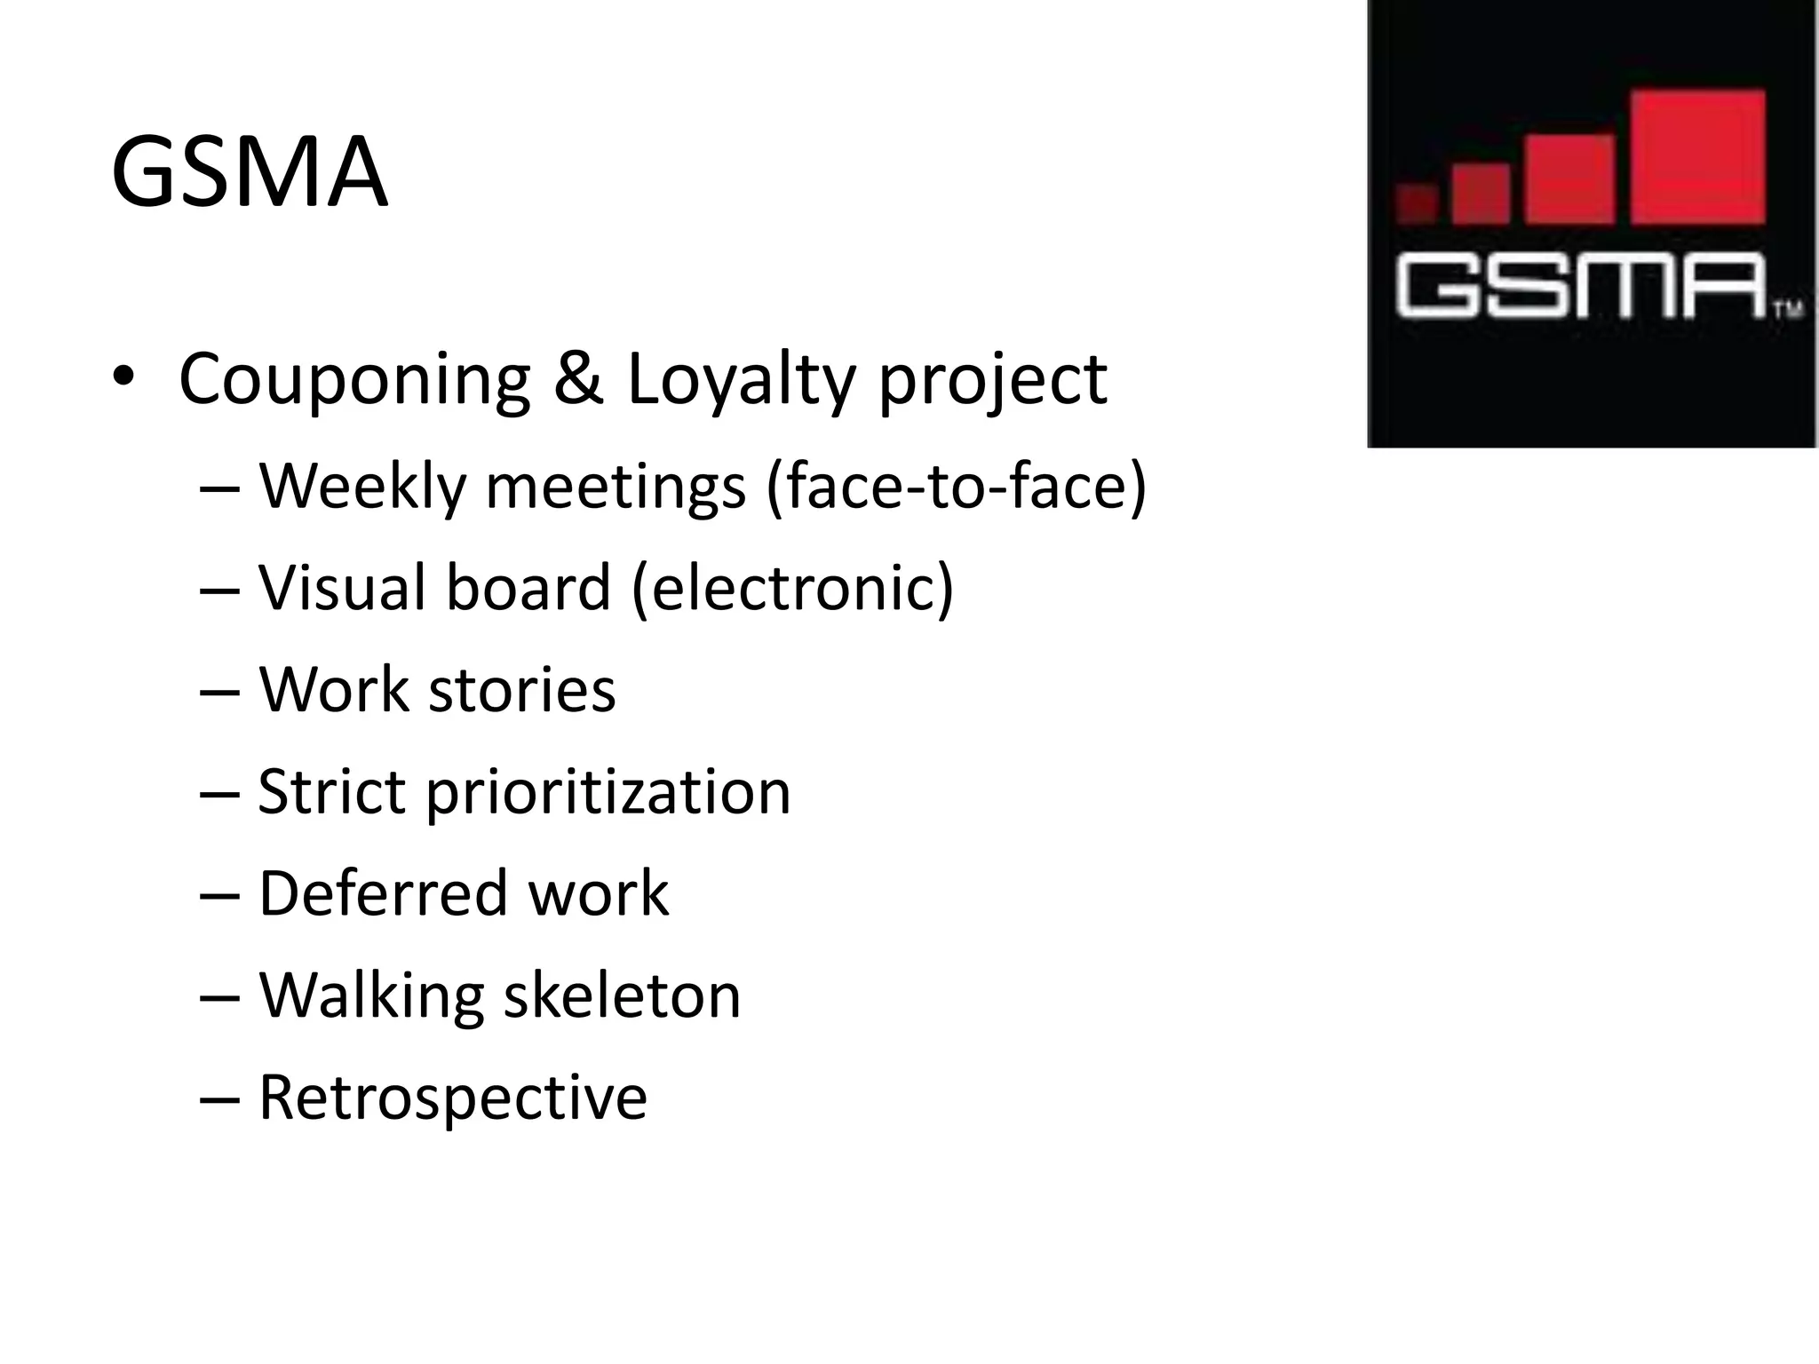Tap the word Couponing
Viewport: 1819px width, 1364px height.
(354, 379)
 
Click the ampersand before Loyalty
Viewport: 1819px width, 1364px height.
(577, 379)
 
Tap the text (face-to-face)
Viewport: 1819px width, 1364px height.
(956, 488)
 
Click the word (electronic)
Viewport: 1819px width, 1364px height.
(792, 590)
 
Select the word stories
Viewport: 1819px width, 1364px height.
(521, 690)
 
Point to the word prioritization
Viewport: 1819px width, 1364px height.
(608, 793)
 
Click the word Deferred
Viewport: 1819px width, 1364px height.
(382, 893)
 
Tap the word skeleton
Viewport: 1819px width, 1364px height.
(622, 995)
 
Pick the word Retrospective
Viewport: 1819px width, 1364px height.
(453, 1098)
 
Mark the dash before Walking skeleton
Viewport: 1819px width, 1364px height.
(220, 995)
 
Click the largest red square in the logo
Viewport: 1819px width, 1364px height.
(1697, 157)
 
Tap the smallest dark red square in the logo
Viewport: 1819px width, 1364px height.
(1417, 203)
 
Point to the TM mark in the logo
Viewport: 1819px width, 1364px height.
(1788, 310)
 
